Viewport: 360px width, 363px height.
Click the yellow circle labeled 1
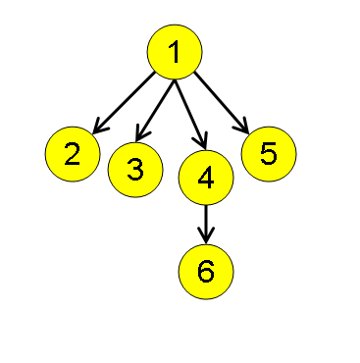click(175, 53)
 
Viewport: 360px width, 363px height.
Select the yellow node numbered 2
click(73, 153)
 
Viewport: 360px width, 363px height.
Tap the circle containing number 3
click(135, 169)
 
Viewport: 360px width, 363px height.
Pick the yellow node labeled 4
click(205, 177)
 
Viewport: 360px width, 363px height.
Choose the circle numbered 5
click(268, 153)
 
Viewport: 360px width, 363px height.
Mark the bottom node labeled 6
click(205, 270)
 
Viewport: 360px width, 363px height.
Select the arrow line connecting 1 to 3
click(157, 108)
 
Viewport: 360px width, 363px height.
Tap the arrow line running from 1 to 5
click(220, 100)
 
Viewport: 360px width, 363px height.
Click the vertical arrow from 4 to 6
click(205, 221)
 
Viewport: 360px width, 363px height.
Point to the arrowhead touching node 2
click(99, 126)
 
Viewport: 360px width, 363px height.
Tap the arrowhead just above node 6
click(205, 235)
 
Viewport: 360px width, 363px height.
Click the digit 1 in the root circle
click(175, 53)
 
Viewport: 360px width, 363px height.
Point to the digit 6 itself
click(205, 270)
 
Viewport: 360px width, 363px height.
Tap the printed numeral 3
click(135, 169)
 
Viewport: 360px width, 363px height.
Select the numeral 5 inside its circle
click(268, 153)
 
